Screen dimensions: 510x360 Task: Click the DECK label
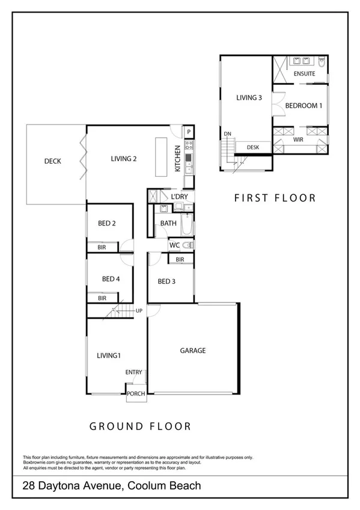pos(54,161)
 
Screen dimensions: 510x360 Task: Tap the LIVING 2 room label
pos(124,159)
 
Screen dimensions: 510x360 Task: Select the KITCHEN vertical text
pos(178,159)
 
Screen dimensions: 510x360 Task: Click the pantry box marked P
pos(189,132)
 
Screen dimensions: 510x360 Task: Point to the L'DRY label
pos(179,197)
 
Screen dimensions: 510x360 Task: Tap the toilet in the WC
pos(188,245)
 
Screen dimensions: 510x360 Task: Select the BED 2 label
pos(107,224)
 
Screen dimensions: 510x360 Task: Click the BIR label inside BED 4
pos(102,298)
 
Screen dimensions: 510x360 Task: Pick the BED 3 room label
pos(166,281)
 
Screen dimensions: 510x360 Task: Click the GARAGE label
pos(193,351)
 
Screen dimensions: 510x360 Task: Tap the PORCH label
pos(136,395)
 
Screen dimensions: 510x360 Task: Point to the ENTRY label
pos(133,373)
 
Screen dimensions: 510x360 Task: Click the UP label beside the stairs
pos(139,311)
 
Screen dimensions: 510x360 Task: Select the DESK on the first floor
pos(252,147)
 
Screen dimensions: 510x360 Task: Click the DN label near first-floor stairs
pos(227,134)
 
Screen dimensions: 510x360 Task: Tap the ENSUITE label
pos(305,73)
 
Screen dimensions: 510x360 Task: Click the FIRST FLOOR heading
pos(275,198)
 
